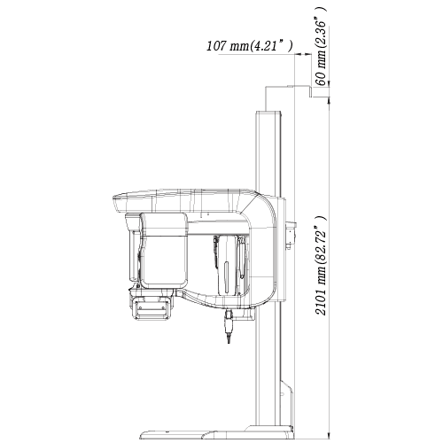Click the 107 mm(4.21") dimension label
point(250,45)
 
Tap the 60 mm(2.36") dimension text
point(321,46)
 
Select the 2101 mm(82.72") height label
point(321,266)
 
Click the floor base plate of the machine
point(217,433)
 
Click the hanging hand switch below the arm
point(229,325)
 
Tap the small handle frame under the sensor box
point(152,308)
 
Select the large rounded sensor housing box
point(163,251)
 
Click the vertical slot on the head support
point(226,276)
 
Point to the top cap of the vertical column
point(268,113)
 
